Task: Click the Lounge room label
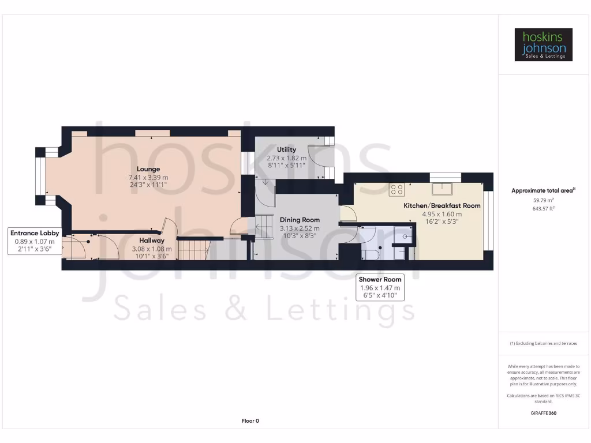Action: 148,169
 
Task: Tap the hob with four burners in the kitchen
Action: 397,190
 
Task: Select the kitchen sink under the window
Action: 445,189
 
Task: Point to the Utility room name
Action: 286,149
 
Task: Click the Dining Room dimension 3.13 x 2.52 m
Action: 300,228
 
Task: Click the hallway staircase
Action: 192,249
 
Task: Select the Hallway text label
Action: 151,241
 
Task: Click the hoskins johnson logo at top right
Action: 543,44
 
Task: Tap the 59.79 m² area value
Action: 543,200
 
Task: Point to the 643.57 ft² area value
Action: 543,208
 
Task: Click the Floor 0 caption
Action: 250,421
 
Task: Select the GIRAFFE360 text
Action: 543,413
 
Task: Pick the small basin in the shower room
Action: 406,236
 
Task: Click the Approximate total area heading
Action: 543,190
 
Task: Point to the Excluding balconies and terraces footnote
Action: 543,343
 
